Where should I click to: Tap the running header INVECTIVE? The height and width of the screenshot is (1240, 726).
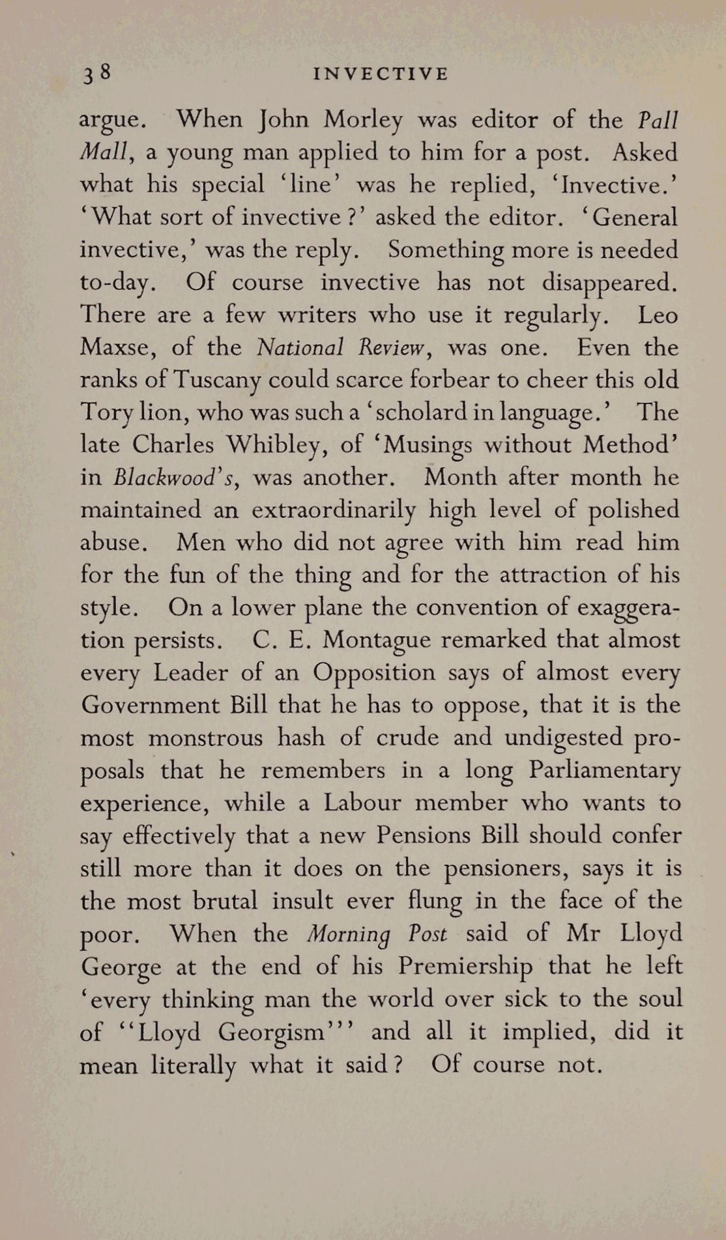[x=381, y=74]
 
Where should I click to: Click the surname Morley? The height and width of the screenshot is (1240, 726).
[x=364, y=120]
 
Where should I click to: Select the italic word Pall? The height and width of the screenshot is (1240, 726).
[x=658, y=120]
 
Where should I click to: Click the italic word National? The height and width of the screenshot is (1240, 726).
[x=300, y=347]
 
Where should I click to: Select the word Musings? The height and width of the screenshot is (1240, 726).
[x=428, y=446]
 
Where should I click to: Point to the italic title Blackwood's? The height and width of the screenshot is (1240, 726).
[x=173, y=478]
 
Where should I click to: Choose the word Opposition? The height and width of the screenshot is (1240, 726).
[x=373, y=673]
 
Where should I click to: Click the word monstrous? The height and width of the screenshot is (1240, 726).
[x=205, y=738]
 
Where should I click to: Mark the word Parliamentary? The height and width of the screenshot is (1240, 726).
[x=604, y=771]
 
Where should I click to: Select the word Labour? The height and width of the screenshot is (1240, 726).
[x=362, y=803]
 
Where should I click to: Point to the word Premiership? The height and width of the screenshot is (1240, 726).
[x=465, y=966]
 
